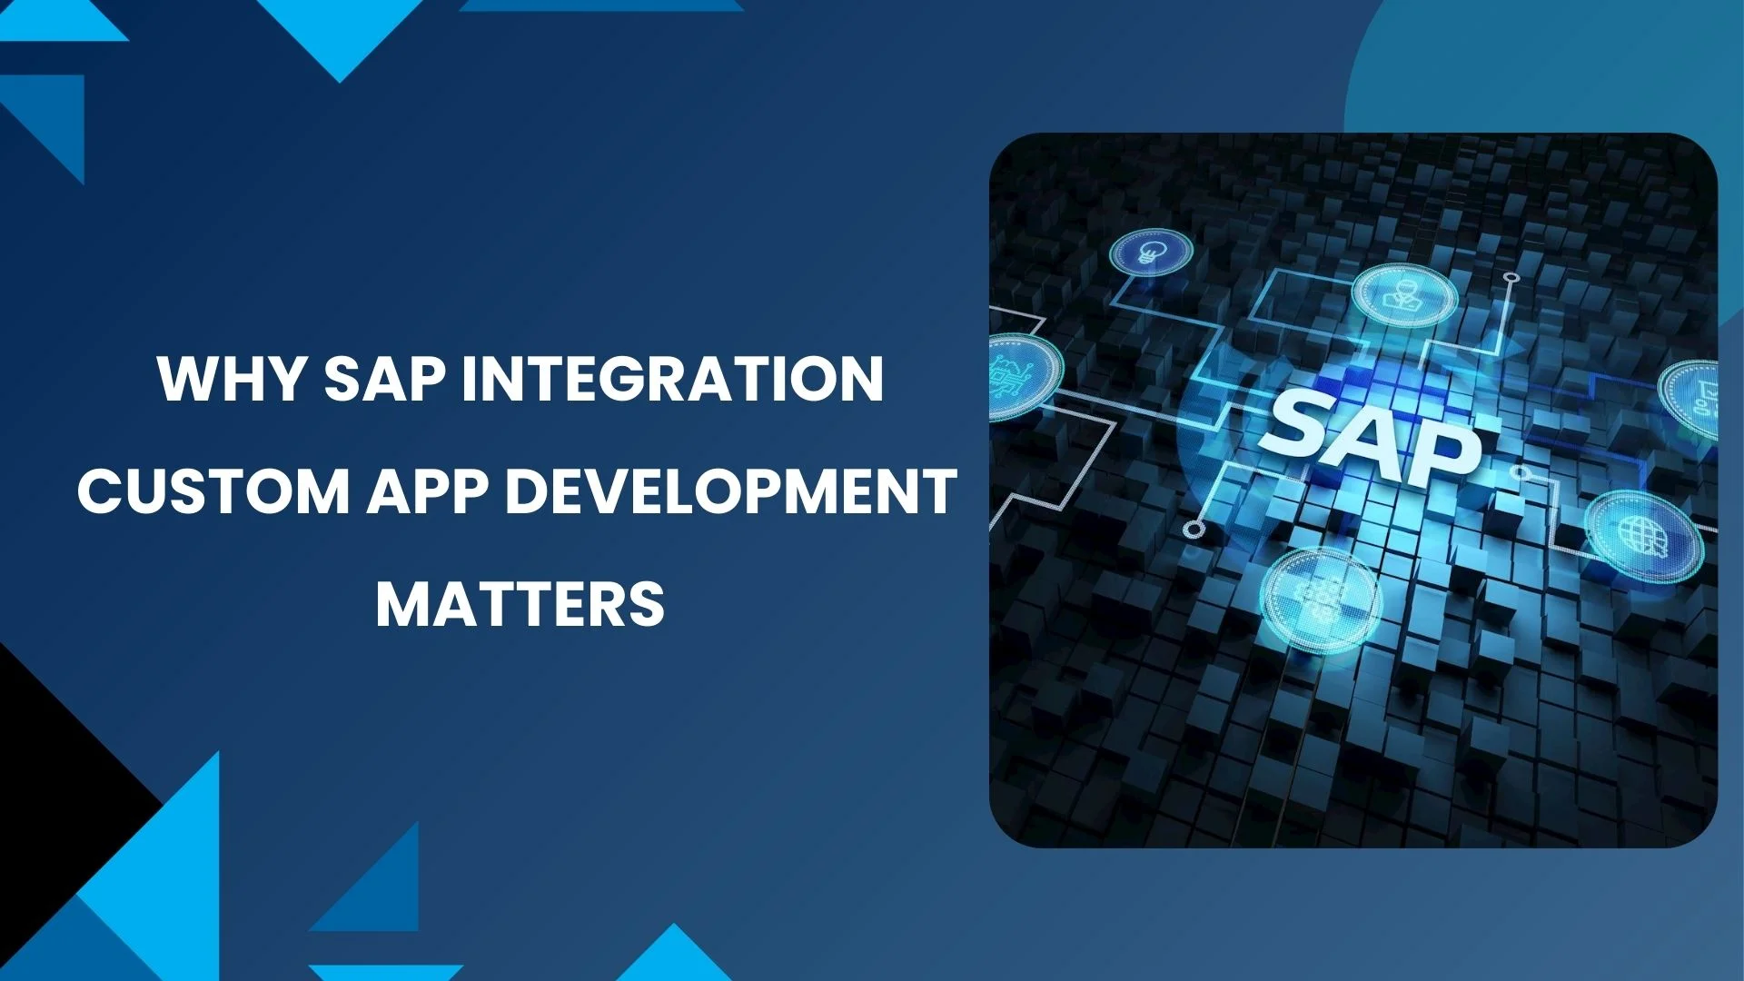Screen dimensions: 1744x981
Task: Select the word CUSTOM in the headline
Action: coord(213,490)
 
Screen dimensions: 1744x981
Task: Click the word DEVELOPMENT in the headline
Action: coord(730,490)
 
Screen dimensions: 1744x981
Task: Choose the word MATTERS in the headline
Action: coord(520,603)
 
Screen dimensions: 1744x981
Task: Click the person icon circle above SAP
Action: coord(1404,295)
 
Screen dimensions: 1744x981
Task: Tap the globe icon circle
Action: coord(1644,536)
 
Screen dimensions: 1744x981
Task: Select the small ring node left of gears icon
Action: coord(1194,530)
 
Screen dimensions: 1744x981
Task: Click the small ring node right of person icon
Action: coord(1511,278)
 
